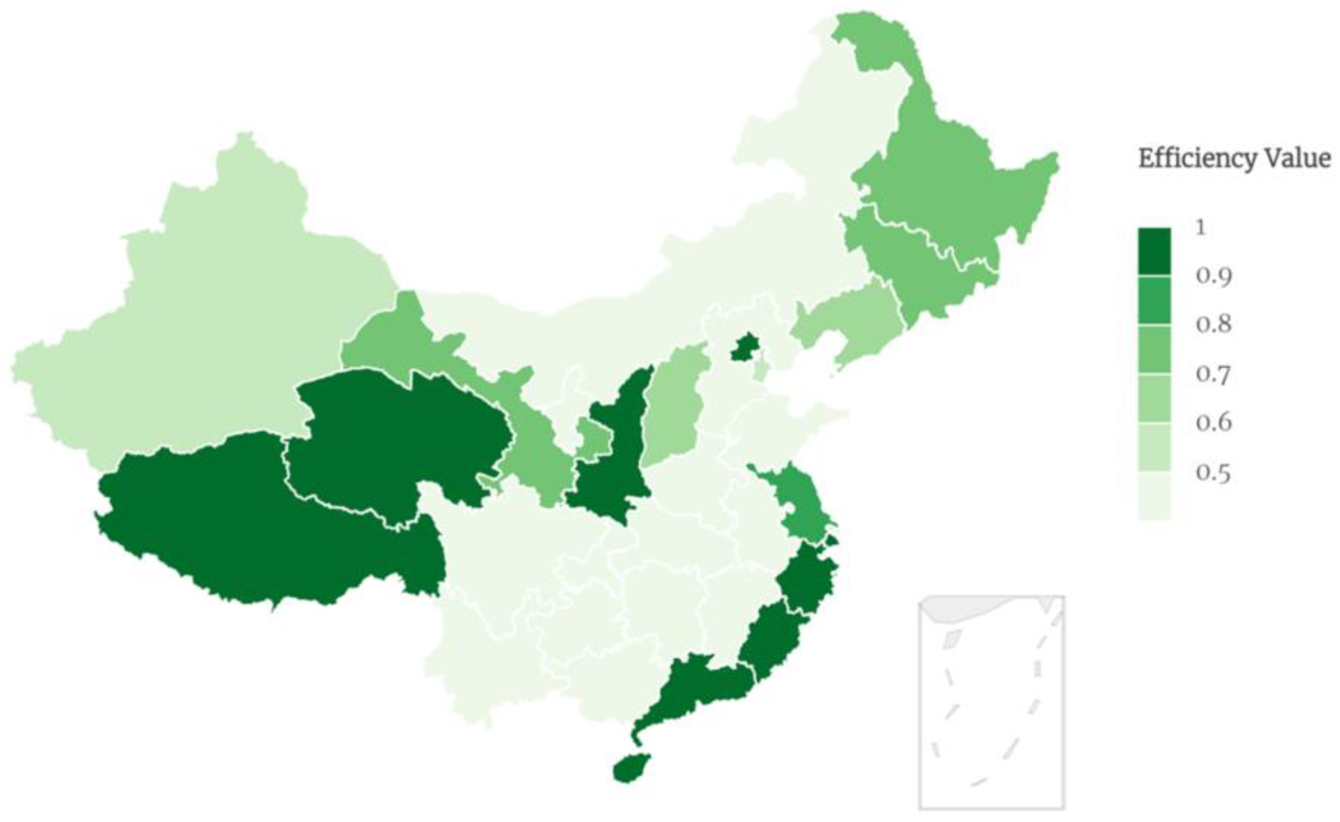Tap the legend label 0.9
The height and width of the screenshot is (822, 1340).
(1214, 276)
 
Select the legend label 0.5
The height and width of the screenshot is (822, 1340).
(1214, 473)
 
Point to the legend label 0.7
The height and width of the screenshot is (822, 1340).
(1214, 374)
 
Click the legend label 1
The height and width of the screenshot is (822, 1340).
(1201, 227)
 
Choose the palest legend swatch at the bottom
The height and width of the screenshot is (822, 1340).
(1154, 495)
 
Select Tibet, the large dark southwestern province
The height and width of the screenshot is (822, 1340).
(261, 533)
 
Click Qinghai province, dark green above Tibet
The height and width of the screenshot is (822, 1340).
(397, 435)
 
